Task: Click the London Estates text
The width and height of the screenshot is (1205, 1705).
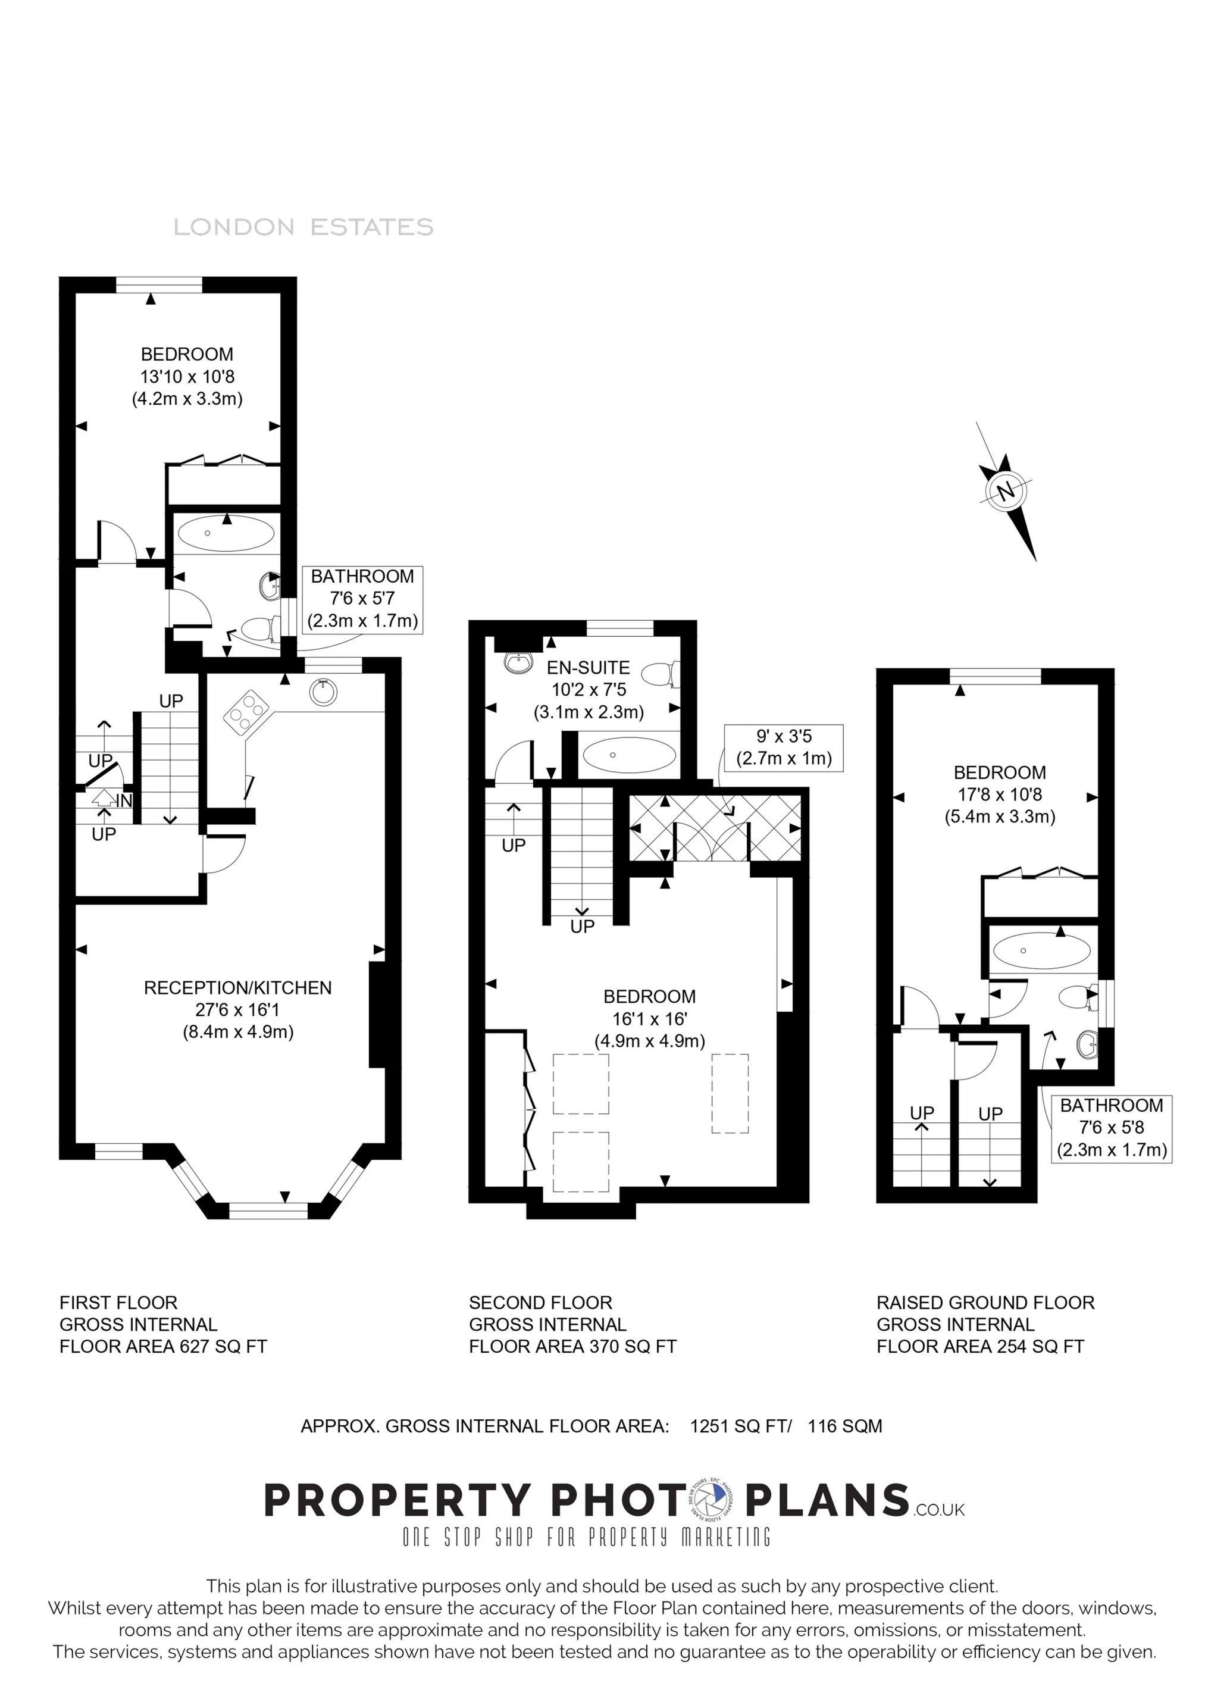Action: pos(303,227)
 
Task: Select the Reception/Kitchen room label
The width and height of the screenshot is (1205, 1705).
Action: pos(237,988)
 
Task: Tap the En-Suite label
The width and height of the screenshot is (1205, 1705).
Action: pos(588,668)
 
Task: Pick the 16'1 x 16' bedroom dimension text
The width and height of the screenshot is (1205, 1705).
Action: pos(649,1019)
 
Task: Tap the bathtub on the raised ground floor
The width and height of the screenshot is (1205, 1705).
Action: pos(1041,950)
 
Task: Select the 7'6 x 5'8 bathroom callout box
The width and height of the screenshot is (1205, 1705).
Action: pos(1112,1128)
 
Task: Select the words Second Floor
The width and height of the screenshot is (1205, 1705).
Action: pos(540,1303)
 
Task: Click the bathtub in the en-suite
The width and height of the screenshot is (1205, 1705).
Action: pos(629,755)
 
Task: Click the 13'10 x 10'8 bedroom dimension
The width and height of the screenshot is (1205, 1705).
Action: pos(187,377)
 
